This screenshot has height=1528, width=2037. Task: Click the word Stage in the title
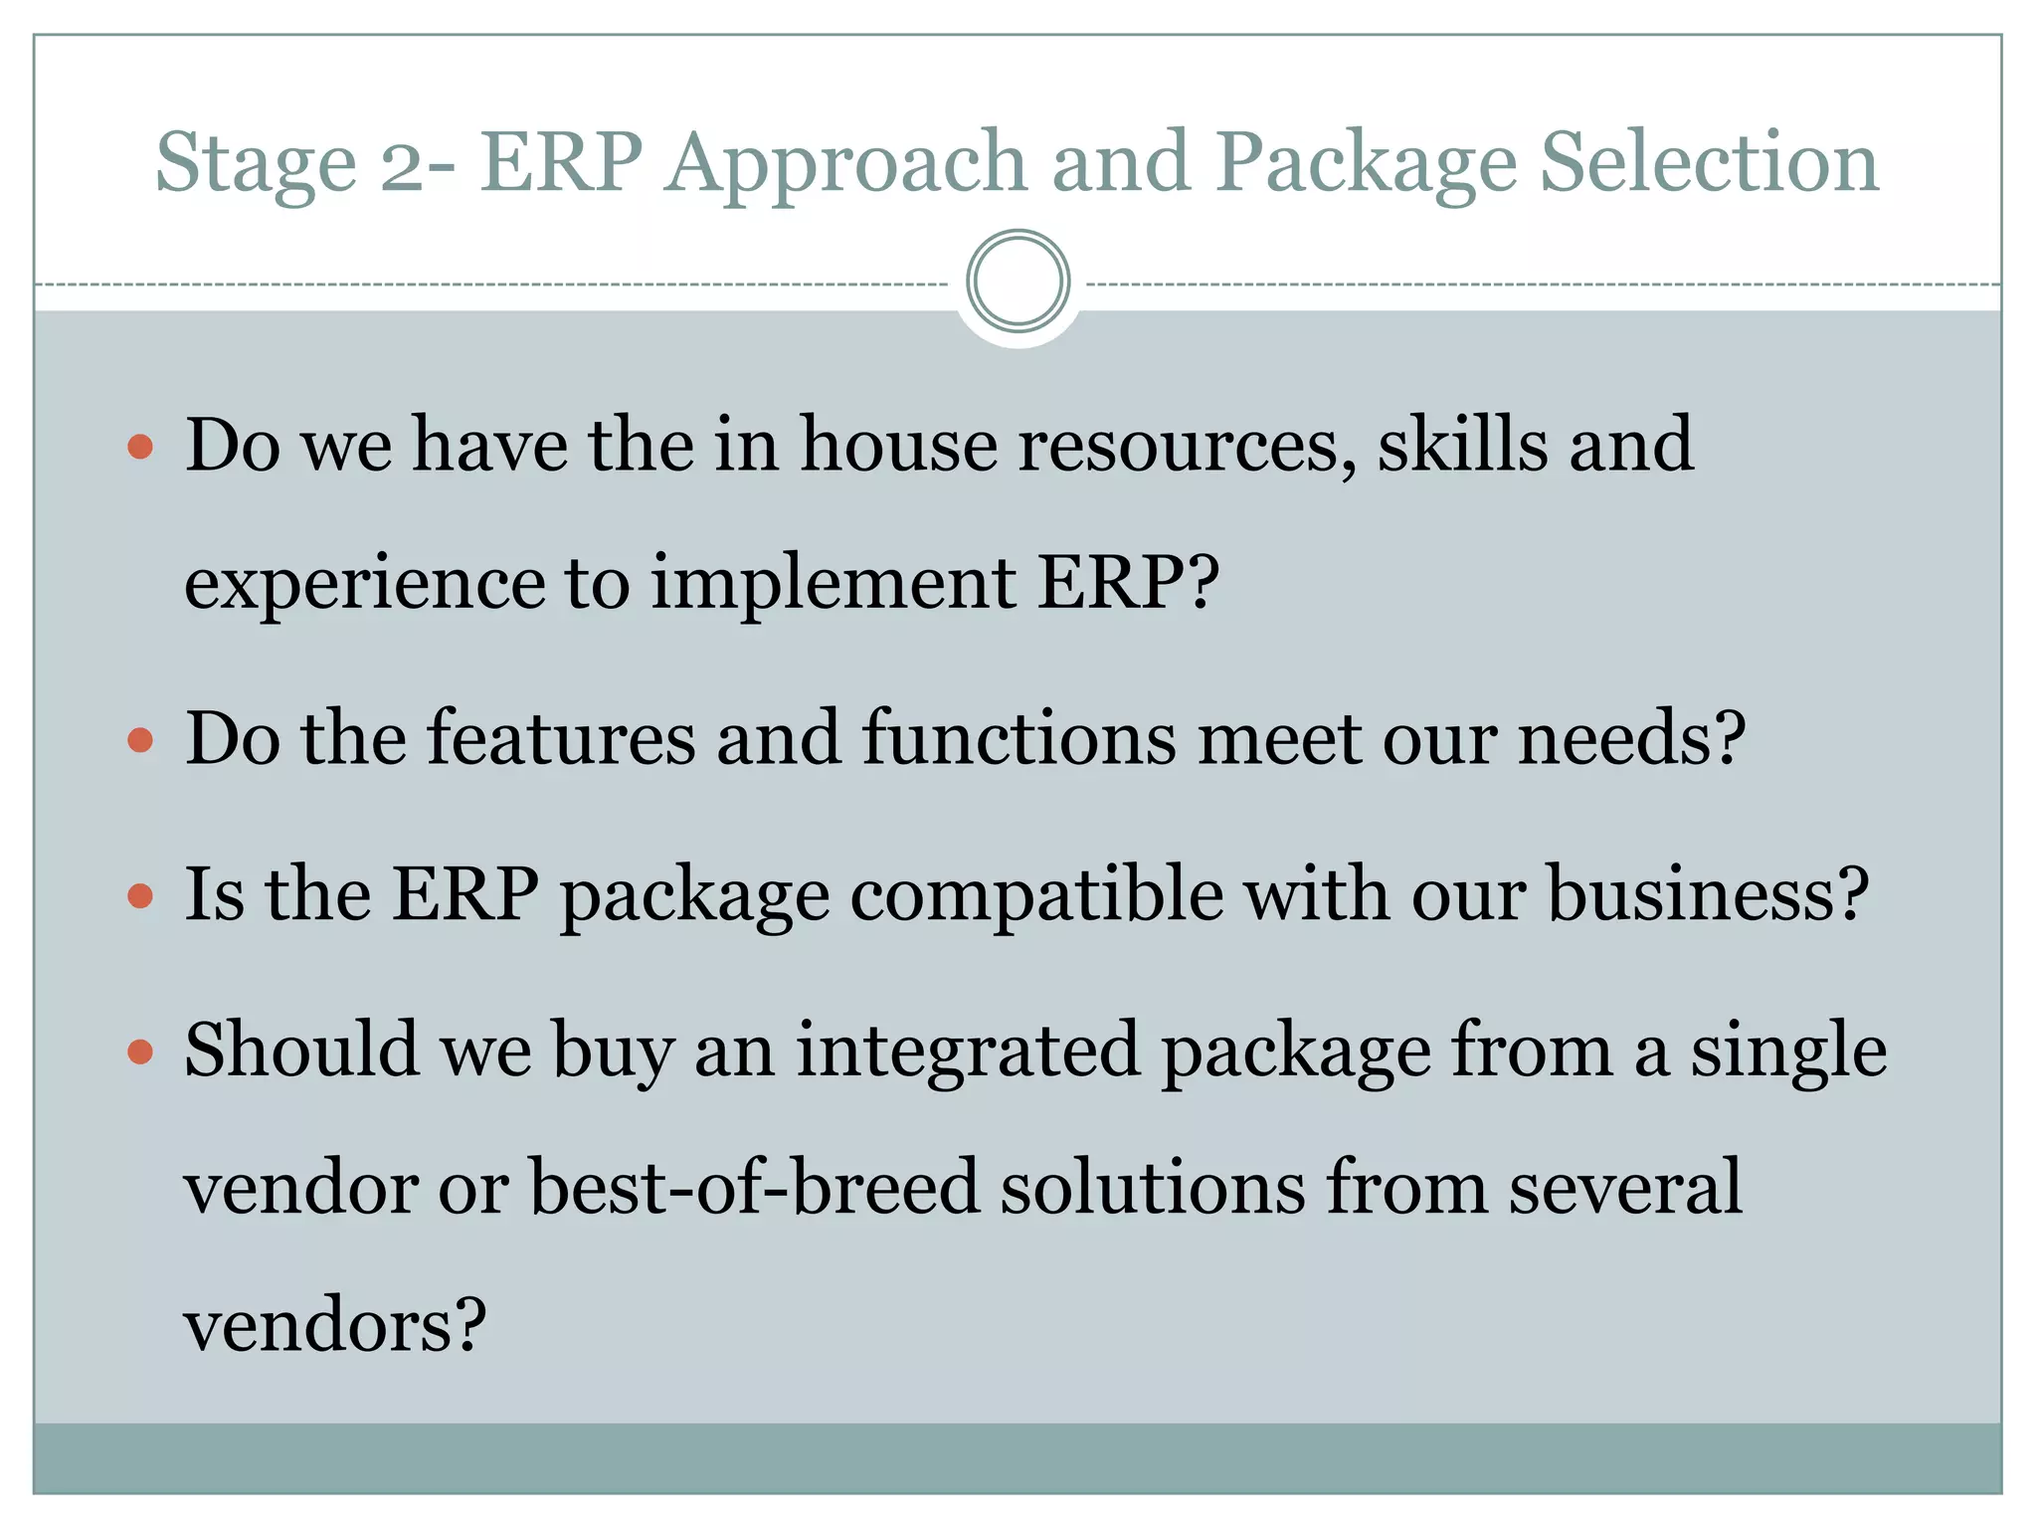pos(256,164)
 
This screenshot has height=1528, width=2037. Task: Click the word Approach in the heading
pos(844,164)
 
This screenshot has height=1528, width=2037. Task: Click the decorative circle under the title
pos(1018,282)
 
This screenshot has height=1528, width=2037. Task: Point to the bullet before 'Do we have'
pos(140,447)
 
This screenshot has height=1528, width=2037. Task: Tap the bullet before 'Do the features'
pos(140,740)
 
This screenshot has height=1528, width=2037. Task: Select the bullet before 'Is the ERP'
pos(140,896)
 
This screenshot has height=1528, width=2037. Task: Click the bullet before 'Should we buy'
pos(140,1051)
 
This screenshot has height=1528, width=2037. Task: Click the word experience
pos(364,584)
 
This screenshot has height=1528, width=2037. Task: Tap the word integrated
pos(967,1051)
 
